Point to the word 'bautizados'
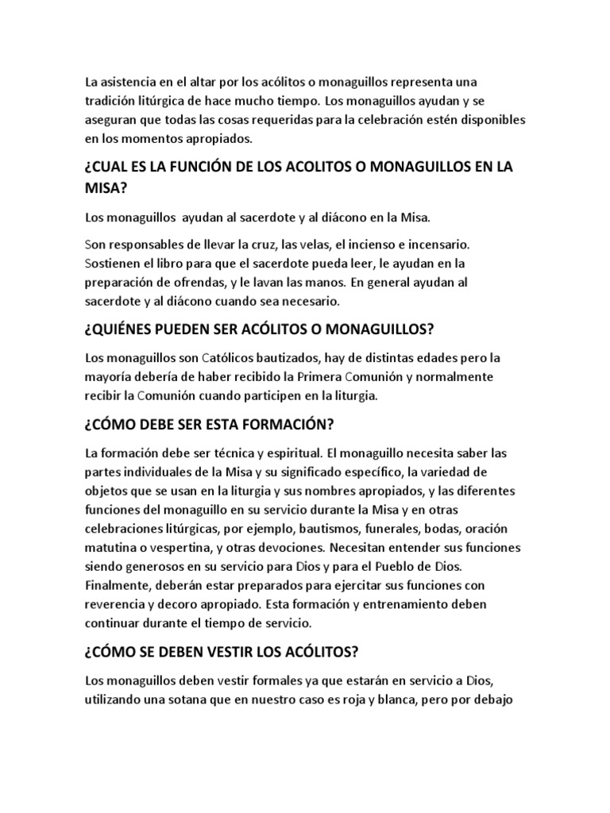pyautogui.click(x=298, y=357)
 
